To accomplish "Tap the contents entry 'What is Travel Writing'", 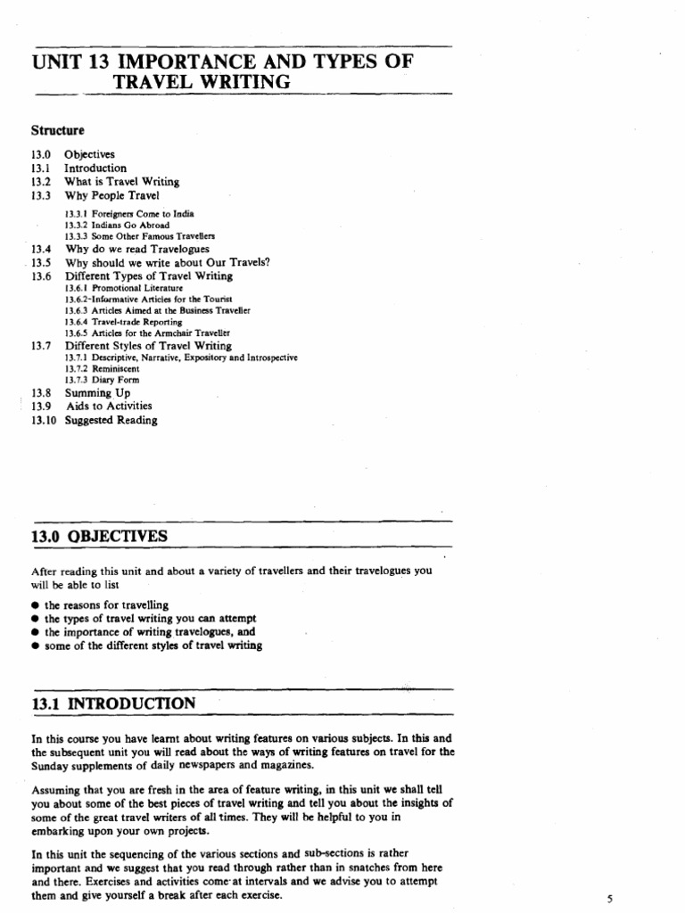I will tap(121, 181).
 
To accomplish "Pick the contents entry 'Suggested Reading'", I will tap(111, 420).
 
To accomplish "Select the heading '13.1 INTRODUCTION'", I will tap(113, 703).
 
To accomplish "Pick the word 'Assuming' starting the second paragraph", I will tap(56, 790).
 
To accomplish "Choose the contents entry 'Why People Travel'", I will tap(111, 194).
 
